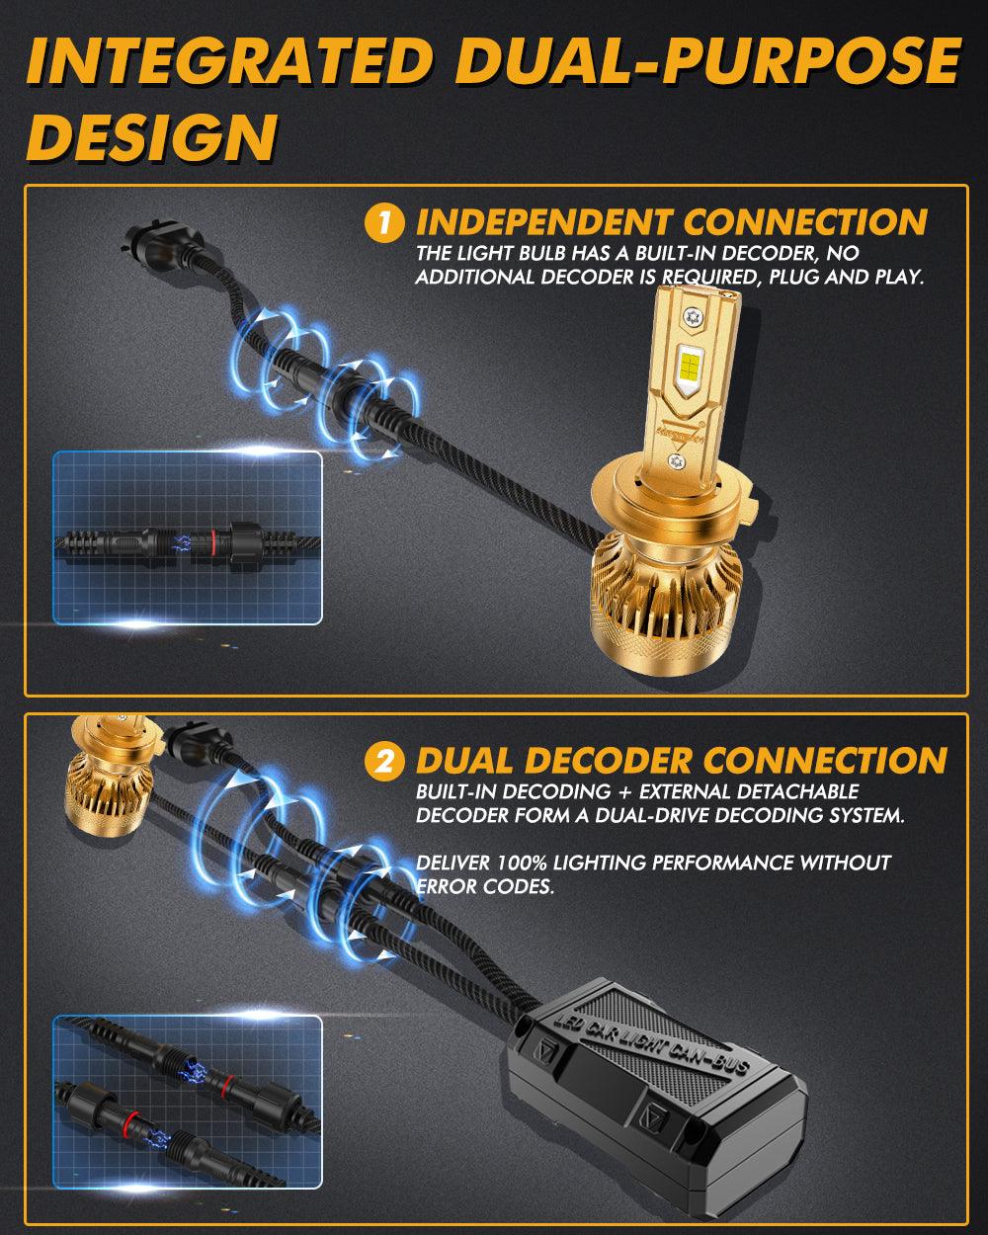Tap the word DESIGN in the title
(152, 136)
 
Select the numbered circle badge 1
(384, 222)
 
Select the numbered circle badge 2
(384, 761)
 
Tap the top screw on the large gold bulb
(693, 315)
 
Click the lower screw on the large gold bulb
(677, 460)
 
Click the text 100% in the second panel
(522, 862)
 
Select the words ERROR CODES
(484, 886)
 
